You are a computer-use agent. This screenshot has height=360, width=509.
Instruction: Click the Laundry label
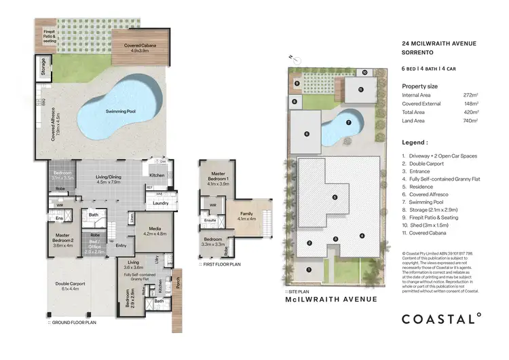[x=161, y=202]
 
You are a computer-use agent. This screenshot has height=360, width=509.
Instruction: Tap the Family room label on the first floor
[x=245, y=215]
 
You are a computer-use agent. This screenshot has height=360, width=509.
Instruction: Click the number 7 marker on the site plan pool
[x=347, y=123]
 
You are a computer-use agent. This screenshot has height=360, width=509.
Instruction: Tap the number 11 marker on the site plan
[x=360, y=89]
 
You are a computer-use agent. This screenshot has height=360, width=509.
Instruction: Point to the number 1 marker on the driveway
[x=309, y=269]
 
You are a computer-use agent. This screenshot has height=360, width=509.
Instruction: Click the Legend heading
[x=415, y=143]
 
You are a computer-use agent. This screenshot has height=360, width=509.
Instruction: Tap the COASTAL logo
[x=441, y=317]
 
